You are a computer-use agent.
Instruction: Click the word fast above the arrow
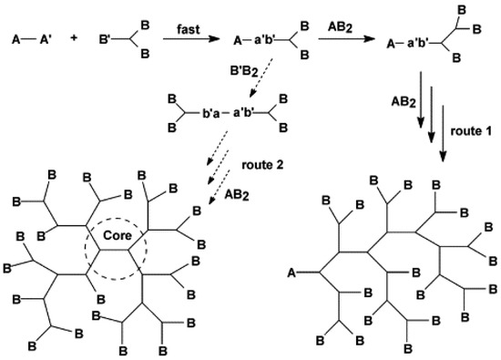(192, 31)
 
